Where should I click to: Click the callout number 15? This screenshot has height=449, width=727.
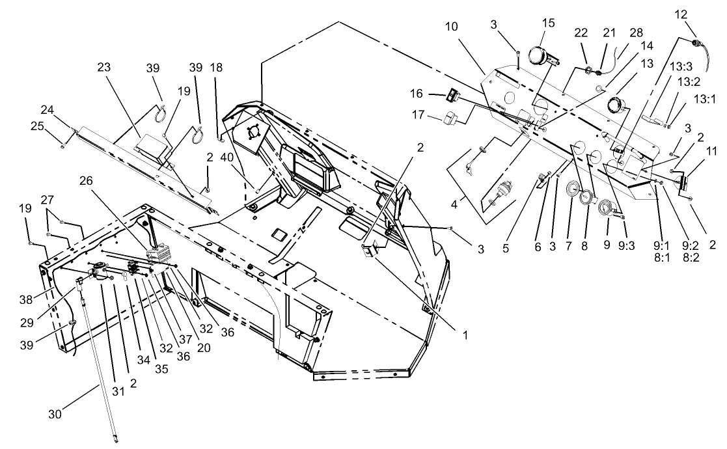pos(548,23)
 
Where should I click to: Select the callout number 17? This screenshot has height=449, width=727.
pos(418,116)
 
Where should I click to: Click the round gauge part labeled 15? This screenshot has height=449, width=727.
pos(543,55)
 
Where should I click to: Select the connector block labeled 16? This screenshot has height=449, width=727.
pos(454,97)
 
